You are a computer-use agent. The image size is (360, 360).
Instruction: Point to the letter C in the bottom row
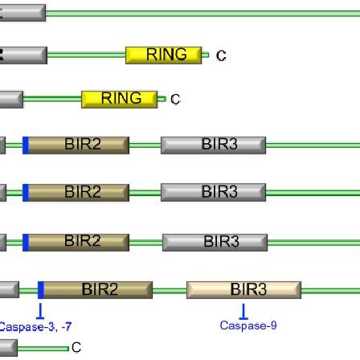tap(76, 349)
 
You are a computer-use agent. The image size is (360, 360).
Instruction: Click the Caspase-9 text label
tap(247, 326)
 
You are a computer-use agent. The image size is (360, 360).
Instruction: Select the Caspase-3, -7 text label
tap(35, 327)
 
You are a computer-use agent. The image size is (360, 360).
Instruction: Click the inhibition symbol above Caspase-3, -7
tap(41, 310)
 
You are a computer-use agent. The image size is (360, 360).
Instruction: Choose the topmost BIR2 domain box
tap(77, 145)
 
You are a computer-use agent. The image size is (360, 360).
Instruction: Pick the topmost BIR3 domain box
tap(213, 145)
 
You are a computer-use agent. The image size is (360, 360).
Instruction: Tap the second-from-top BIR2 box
tap(77, 193)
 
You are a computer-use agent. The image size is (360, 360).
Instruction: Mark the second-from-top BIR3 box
tap(213, 193)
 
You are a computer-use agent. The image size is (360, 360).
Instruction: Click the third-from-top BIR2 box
tap(77, 240)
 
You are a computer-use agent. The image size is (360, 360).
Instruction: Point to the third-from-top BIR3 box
tap(213, 240)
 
